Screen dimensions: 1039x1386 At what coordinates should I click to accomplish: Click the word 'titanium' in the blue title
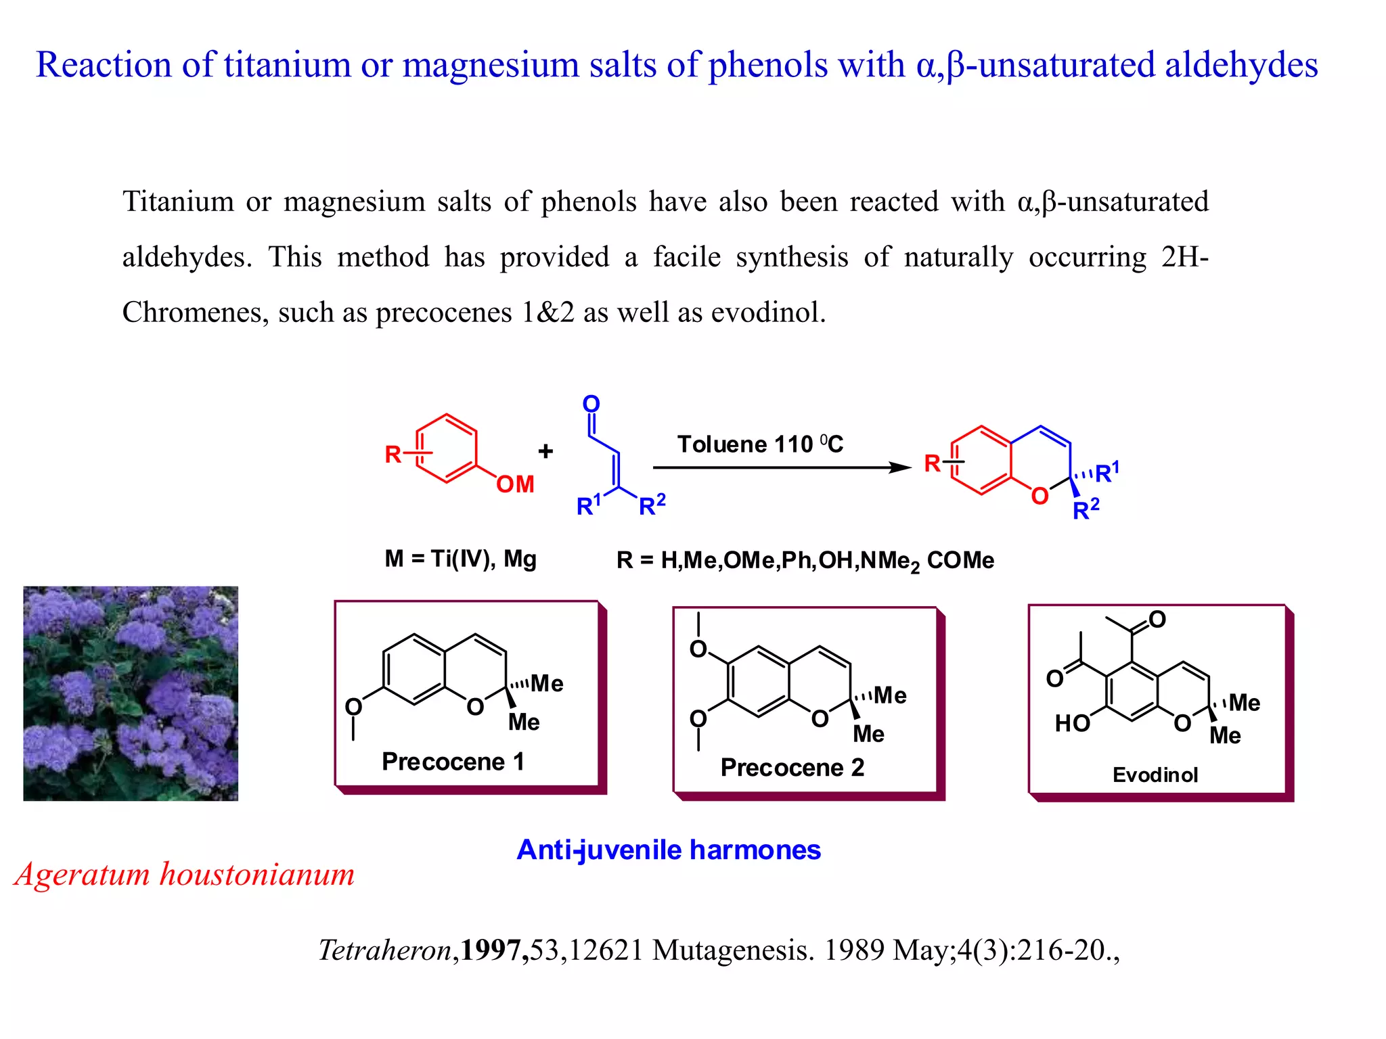point(286,66)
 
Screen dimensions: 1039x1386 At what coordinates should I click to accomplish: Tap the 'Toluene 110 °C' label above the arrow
point(760,444)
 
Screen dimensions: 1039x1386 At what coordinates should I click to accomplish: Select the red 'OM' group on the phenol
point(515,484)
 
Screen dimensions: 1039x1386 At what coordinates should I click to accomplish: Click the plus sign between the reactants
point(545,451)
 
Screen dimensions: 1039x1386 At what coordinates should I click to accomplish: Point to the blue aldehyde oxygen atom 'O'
point(591,404)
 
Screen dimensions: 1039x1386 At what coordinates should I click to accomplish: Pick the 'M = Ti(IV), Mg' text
point(460,559)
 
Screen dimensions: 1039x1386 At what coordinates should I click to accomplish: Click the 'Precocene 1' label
point(453,762)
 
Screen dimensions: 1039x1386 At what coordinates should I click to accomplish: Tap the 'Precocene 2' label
point(792,768)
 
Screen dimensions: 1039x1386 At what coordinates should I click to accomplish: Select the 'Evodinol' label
point(1155,775)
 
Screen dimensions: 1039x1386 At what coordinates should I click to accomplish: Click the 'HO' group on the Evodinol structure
point(1072,724)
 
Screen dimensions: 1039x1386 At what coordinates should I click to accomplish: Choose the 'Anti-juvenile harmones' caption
point(668,850)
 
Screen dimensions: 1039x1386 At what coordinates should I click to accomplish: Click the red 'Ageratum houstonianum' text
point(184,874)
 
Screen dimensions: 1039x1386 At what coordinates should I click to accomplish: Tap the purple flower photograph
point(131,693)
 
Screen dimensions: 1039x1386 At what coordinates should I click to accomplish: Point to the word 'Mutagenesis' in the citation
point(733,950)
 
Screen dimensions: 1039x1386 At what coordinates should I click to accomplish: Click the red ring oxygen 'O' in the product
point(1039,497)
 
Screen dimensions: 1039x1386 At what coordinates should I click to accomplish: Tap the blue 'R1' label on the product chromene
point(1106,472)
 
